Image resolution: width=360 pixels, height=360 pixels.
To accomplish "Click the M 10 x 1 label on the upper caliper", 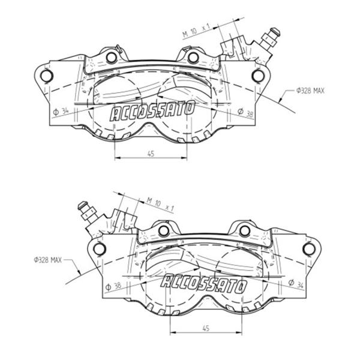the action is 197,31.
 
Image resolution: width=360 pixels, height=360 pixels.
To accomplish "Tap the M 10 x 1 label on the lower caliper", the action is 160,205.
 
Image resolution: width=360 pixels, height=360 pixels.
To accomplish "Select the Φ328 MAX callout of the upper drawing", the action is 310,91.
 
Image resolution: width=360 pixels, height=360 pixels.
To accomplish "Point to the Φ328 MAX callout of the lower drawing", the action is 48,260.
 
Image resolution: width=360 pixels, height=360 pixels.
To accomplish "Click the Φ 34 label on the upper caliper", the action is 61,112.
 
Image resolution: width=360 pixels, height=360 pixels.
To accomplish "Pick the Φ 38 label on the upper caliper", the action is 245,112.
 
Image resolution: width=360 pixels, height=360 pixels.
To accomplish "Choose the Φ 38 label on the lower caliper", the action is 113,286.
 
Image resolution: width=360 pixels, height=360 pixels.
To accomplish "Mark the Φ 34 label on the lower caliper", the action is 296,284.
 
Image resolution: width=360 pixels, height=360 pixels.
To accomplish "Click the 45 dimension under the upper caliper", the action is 151,154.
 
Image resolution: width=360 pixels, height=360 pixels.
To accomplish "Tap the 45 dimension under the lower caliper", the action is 206,328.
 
